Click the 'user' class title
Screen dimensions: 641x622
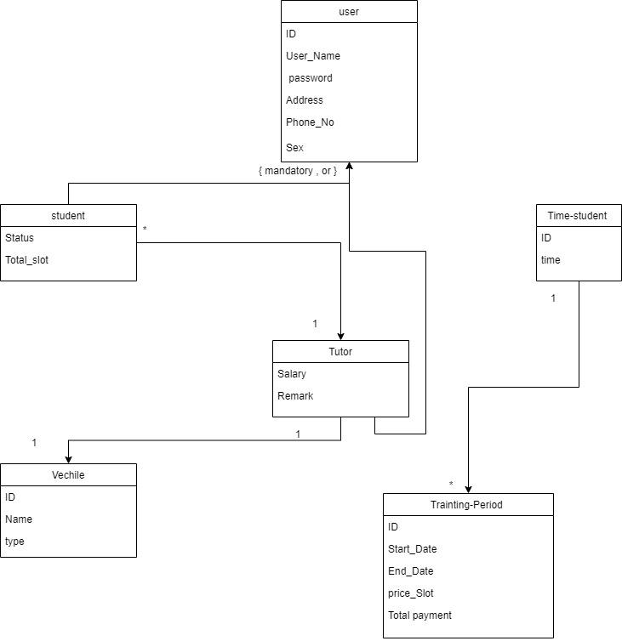pyautogui.click(x=349, y=12)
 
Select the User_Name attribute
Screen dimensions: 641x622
pyautogui.click(x=313, y=56)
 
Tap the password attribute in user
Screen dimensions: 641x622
pyautogui.click(x=311, y=78)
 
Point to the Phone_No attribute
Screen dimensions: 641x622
pyautogui.click(x=310, y=122)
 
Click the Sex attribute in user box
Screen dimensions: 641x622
pyautogui.click(x=295, y=148)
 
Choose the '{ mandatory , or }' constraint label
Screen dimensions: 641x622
pyautogui.click(x=298, y=171)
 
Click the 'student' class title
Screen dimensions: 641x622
pyautogui.click(x=68, y=216)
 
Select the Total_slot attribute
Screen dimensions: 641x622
pyautogui.click(x=27, y=260)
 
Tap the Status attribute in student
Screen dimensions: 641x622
pyautogui.click(x=20, y=238)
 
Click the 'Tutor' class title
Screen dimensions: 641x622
pyautogui.click(x=340, y=352)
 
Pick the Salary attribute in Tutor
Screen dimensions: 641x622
pyautogui.click(x=292, y=374)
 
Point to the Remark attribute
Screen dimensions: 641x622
pyautogui.click(x=295, y=396)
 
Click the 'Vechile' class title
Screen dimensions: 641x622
pyautogui.click(x=68, y=475)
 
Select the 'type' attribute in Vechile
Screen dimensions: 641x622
pyautogui.click(x=14, y=542)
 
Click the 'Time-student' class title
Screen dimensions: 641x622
pyautogui.click(x=578, y=216)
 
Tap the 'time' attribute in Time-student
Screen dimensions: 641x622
pyautogui.click(x=551, y=260)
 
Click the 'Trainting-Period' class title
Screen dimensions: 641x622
pyautogui.click(x=467, y=505)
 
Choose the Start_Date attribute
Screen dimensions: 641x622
pyautogui.click(x=413, y=549)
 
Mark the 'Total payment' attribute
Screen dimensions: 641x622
pyautogui.click(x=419, y=615)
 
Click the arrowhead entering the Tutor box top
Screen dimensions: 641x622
pyautogui.click(x=340, y=335)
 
